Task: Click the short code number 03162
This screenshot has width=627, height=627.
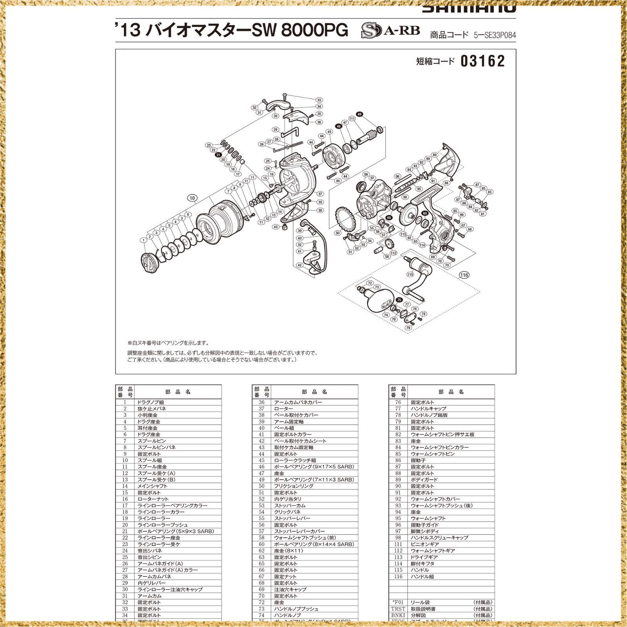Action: (x=483, y=61)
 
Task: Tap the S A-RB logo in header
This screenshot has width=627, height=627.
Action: (x=390, y=31)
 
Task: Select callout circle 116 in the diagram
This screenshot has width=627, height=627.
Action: (x=464, y=275)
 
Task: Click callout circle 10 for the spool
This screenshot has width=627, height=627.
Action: (x=192, y=198)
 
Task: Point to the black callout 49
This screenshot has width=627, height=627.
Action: (x=360, y=114)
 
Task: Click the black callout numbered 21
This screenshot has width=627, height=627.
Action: (x=218, y=155)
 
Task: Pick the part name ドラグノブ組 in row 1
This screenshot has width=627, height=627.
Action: (x=150, y=402)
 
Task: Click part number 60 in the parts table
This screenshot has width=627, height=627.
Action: (x=261, y=544)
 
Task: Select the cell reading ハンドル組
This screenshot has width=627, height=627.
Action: (x=422, y=576)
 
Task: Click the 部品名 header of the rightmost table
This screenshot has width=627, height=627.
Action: (x=451, y=392)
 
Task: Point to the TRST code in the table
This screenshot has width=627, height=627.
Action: (x=398, y=609)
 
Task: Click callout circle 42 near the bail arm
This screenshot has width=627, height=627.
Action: (x=299, y=265)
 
